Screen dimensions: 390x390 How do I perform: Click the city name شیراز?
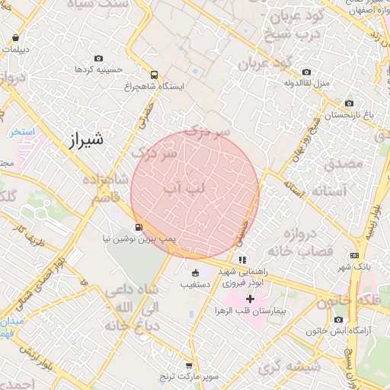[84, 141]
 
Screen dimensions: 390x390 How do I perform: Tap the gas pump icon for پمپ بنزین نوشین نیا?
[138, 227]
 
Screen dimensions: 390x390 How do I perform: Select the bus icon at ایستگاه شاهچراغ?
[155, 75]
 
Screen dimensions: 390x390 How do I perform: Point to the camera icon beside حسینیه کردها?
[98, 59]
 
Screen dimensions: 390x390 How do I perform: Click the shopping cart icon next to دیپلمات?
[16, 37]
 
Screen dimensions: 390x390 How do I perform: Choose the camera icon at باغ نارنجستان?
[349, 104]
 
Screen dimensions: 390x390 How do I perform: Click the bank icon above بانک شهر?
[354, 256]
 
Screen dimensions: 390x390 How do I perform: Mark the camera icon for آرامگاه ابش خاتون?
[337, 320]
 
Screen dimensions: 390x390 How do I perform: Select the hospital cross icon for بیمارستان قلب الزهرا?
[249, 299]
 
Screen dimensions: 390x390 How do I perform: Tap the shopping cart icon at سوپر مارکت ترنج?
[188, 366]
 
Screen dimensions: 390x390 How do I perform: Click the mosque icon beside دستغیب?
[195, 273]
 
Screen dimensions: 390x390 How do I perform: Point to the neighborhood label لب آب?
[183, 187]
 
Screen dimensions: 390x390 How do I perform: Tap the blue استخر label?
[22, 132]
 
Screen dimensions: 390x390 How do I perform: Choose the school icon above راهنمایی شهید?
[242, 260]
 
